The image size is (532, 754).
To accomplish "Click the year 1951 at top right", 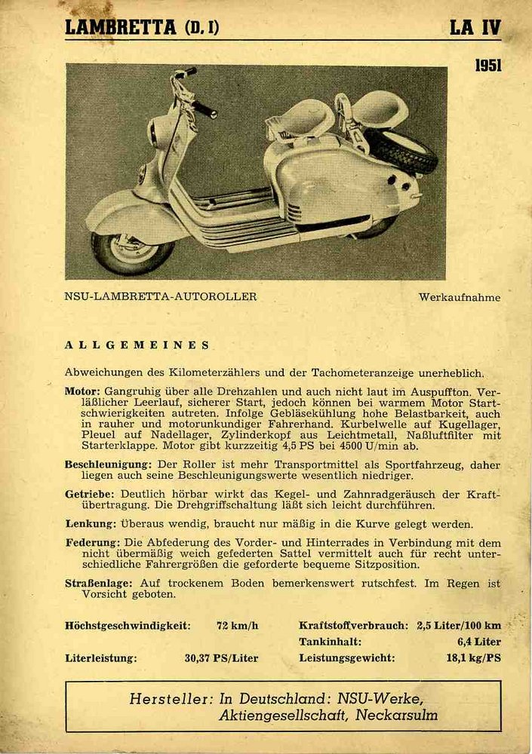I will [x=487, y=66].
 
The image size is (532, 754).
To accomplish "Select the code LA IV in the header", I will [x=475, y=28].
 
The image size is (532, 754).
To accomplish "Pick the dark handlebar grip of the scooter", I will [x=204, y=109].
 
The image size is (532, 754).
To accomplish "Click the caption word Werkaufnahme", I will [x=459, y=297].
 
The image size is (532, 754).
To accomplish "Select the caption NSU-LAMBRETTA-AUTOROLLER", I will [x=161, y=296].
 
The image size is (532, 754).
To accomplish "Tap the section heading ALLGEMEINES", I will [x=137, y=345].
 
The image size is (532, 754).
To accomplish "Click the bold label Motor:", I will [x=82, y=392].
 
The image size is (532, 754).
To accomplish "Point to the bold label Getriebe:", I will [x=91, y=494].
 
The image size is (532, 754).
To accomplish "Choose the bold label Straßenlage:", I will [x=99, y=583].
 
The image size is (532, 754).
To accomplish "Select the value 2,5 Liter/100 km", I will [x=458, y=625].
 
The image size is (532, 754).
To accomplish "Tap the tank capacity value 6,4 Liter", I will [x=478, y=642].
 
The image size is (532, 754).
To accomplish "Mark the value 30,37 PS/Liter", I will [x=221, y=657].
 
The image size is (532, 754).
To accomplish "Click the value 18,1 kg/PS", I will [x=473, y=657].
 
